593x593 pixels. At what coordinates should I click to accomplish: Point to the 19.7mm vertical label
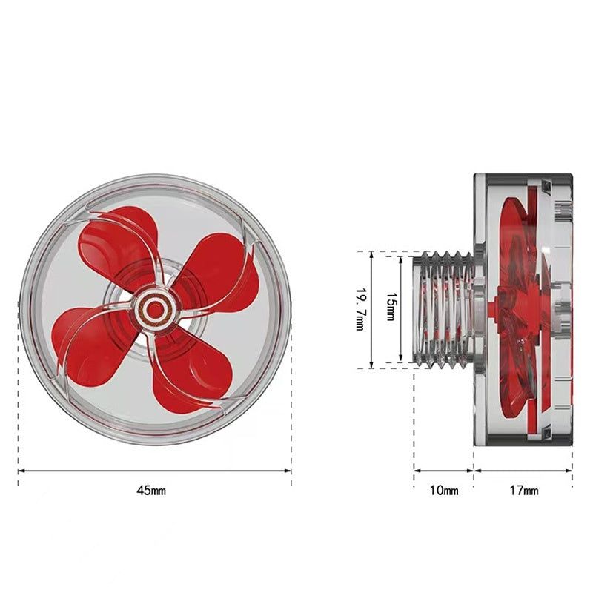click(x=360, y=309)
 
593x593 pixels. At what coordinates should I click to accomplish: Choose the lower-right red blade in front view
click(x=185, y=378)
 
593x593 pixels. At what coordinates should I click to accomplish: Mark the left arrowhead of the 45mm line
click(x=21, y=470)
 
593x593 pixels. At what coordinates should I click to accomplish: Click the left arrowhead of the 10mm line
click(x=417, y=470)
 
